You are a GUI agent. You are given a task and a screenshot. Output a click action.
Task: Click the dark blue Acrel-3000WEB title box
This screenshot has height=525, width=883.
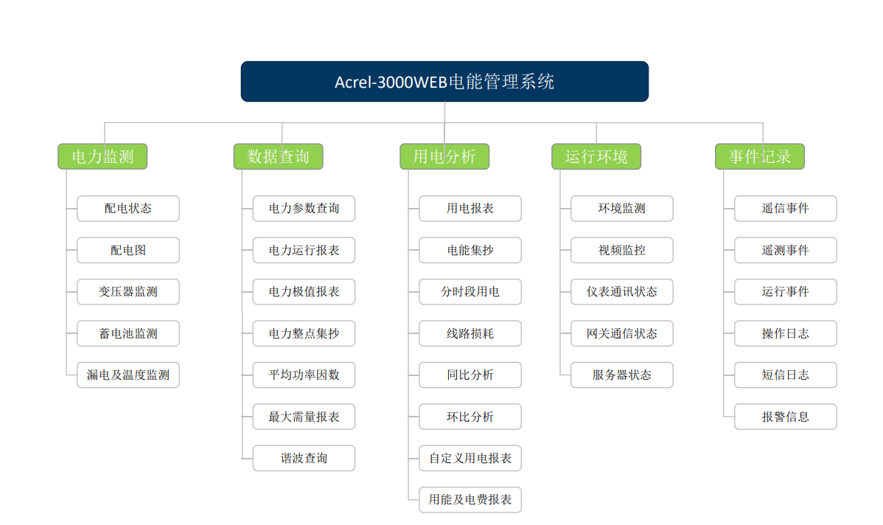[444, 82]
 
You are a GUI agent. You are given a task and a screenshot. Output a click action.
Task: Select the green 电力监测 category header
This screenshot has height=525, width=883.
[102, 156]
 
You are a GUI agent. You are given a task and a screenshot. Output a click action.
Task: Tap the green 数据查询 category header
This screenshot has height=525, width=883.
[278, 156]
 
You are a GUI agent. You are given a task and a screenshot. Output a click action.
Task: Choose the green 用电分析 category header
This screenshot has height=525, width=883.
[444, 156]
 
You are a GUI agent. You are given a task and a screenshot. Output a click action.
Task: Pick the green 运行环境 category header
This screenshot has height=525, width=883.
[596, 156]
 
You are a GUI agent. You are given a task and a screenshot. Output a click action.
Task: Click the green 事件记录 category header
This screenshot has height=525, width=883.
[760, 156]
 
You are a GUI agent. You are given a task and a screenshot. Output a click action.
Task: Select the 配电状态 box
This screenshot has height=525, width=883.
[128, 209]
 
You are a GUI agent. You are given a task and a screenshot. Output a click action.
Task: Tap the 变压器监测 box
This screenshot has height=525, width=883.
[128, 292]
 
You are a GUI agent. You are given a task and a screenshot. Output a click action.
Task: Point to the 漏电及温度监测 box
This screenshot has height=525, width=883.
[128, 375]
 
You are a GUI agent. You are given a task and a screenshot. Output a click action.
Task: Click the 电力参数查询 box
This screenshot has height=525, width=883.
[304, 209]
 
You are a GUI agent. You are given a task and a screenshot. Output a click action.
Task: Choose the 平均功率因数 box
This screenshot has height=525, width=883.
[304, 375]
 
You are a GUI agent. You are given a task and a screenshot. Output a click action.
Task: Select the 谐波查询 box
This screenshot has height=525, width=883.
[304, 459]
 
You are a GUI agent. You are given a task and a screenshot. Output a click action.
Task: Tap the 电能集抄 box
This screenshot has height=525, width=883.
[470, 250]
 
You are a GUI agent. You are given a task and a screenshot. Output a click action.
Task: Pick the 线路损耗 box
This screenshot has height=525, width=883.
[470, 333]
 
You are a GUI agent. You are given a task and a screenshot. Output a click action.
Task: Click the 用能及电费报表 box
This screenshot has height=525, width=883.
[470, 500]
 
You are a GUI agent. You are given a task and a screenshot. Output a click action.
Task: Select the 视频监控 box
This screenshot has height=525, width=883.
[621, 250]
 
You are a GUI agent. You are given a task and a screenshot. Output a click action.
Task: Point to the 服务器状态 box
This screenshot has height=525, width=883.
[621, 375]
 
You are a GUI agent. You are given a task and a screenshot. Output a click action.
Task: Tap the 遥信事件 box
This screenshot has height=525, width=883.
[786, 209]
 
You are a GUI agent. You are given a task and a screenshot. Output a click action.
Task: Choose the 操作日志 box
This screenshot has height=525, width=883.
[786, 333]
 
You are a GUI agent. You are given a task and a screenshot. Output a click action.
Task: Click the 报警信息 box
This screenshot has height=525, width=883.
[786, 417]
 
